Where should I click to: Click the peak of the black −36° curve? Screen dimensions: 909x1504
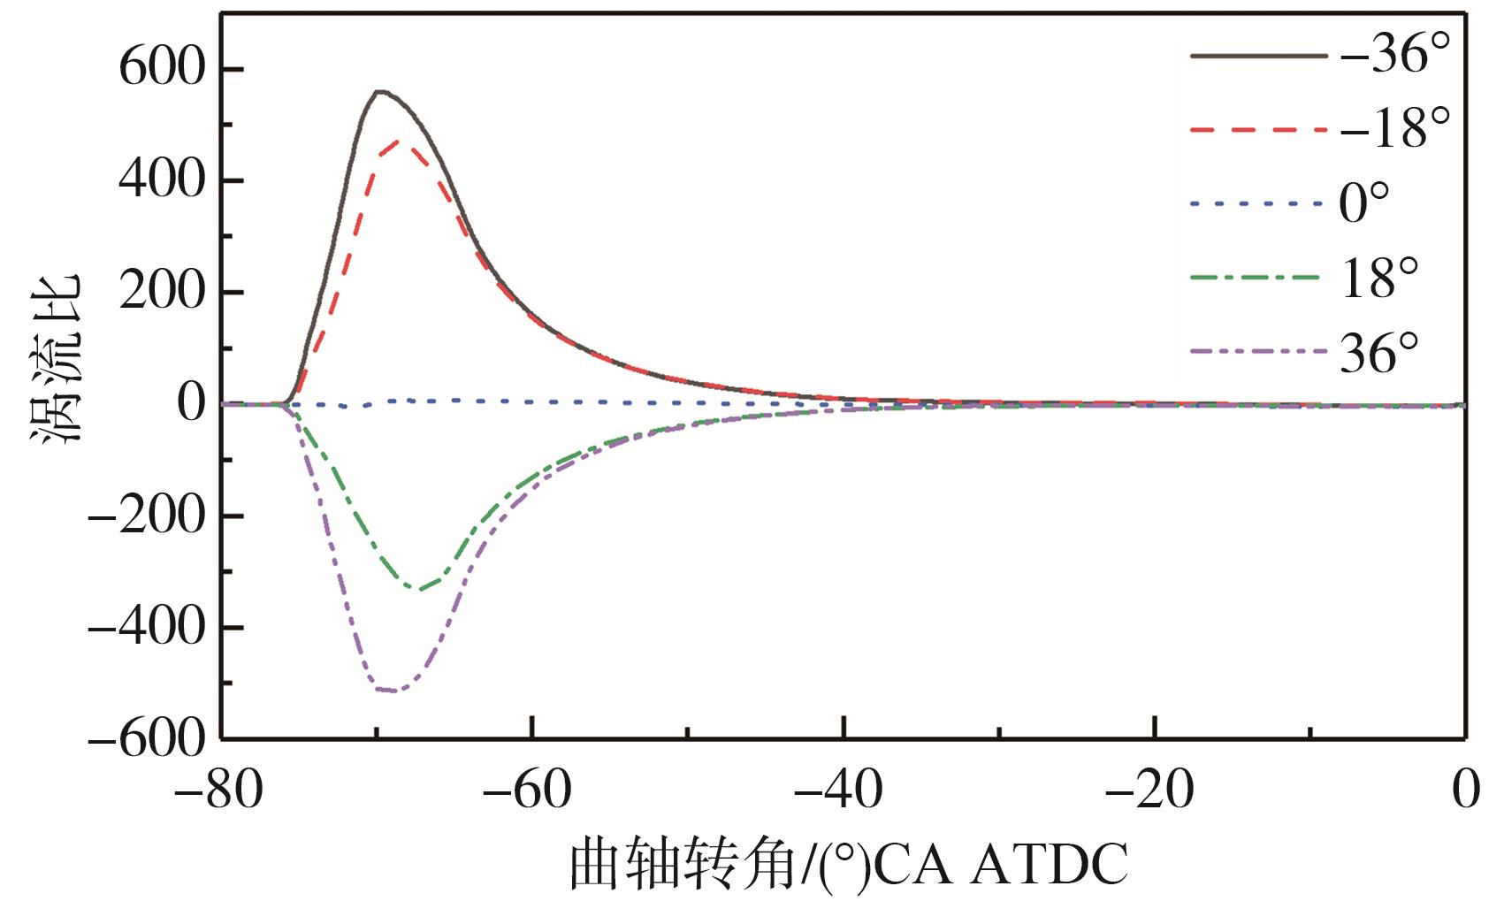coord(379,91)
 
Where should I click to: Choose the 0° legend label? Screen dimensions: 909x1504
coord(1364,203)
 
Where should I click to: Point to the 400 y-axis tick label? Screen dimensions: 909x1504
coord(163,180)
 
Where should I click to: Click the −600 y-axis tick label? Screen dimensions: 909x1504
coord(147,739)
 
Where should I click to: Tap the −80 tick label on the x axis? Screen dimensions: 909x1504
coord(219,790)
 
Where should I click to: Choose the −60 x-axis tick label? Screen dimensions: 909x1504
coord(531,790)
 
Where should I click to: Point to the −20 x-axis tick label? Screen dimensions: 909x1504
coord(1153,790)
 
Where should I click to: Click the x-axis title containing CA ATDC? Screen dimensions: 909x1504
coord(849,865)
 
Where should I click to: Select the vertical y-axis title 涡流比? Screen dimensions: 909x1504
coord(58,357)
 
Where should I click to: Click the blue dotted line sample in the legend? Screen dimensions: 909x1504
coord(1258,204)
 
